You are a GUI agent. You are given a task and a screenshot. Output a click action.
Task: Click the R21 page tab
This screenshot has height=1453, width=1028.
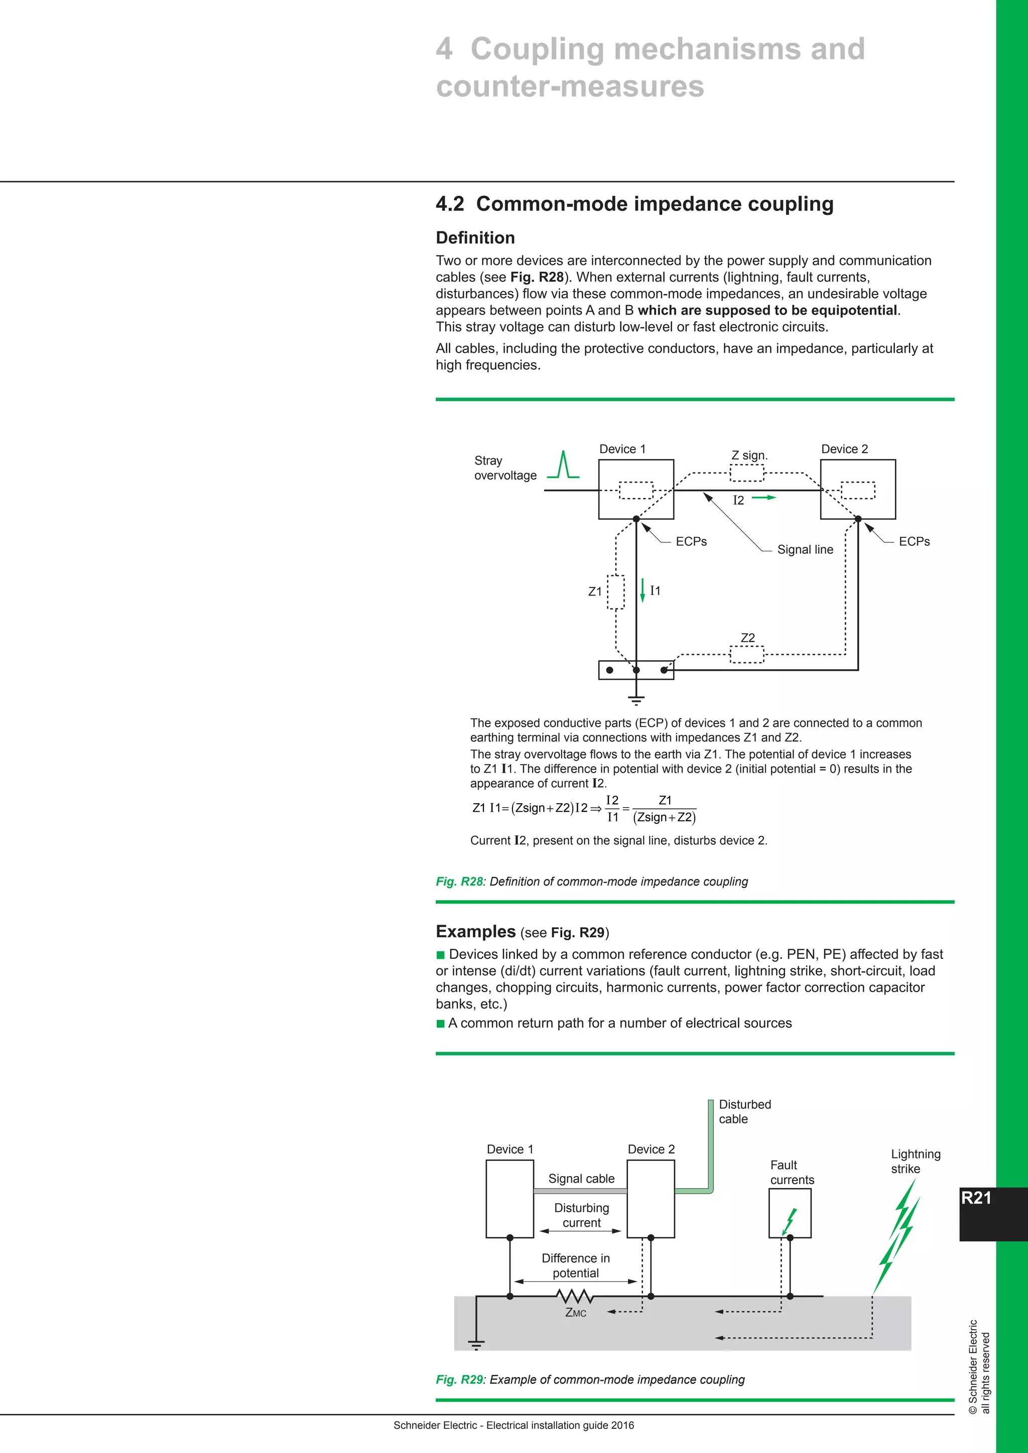(x=976, y=1198)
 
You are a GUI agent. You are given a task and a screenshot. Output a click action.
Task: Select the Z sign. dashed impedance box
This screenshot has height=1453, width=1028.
(x=747, y=473)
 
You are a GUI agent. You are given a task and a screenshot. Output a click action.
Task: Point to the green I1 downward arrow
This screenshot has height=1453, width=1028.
(x=642, y=590)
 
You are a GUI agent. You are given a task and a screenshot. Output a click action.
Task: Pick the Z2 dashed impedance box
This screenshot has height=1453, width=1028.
(x=747, y=654)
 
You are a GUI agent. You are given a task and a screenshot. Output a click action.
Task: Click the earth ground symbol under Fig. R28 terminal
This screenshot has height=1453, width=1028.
(x=636, y=699)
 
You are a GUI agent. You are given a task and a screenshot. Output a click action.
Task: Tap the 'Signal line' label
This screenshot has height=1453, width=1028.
(x=805, y=549)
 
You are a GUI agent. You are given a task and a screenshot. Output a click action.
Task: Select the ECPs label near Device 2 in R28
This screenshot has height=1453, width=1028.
(x=914, y=542)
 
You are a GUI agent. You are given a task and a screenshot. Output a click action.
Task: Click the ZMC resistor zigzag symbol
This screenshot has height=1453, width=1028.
(x=575, y=1296)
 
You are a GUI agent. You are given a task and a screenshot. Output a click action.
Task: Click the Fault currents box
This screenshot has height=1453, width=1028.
(x=790, y=1213)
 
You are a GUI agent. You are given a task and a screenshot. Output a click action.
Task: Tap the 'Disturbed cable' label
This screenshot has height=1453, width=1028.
(x=744, y=1111)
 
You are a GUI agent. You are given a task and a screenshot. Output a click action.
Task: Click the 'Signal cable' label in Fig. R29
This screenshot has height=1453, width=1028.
(x=581, y=1179)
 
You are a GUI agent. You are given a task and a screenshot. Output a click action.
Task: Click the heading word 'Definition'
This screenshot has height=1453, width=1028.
(x=475, y=238)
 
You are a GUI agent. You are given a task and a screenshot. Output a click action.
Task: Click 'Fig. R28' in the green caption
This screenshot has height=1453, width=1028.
(x=459, y=882)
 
